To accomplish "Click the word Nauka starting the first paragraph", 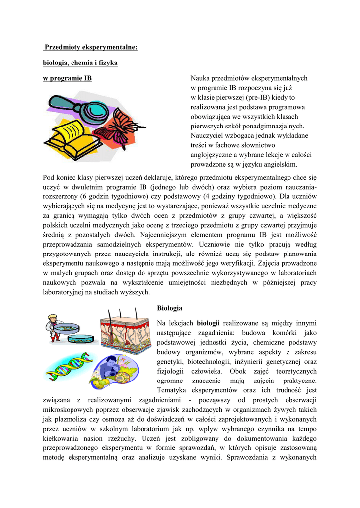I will coord(200,79).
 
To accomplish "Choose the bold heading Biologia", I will coord(169,308).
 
